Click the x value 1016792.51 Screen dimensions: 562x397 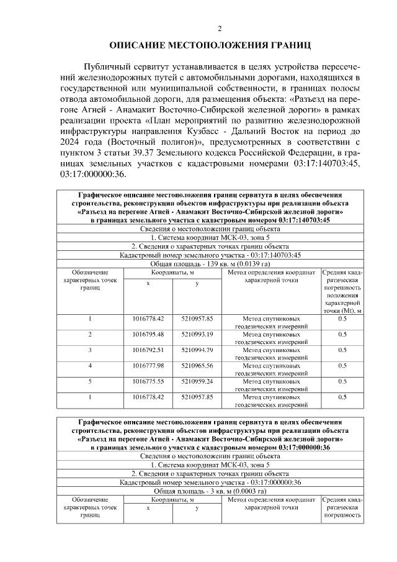[148, 350]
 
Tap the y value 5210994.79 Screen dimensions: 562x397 [197, 350]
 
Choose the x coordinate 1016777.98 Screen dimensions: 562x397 [148, 366]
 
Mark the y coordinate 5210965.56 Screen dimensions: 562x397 [197, 366]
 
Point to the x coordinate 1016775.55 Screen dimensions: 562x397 [148, 381]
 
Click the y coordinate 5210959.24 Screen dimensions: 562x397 [197, 381]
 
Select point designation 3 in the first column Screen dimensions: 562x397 [90, 350]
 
